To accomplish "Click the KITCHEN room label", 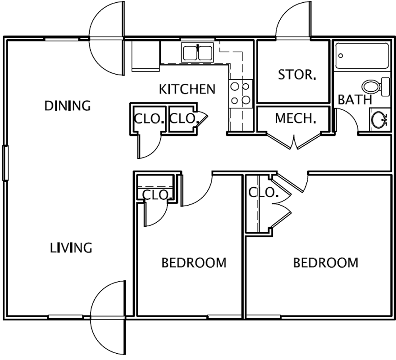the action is (187, 89).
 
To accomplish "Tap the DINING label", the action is (68, 106).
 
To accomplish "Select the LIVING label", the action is (71, 248).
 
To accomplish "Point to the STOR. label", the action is (297, 75).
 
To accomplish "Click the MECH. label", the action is (296, 118).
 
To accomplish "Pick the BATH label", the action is (355, 99).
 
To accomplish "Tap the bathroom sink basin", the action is (379, 120).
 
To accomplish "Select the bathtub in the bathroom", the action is (362, 56).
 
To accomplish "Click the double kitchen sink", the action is (197, 53).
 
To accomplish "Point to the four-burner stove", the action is (241, 94).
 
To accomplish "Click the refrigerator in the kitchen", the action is (146, 56).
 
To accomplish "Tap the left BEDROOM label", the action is (194, 263).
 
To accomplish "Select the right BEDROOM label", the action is (326, 263).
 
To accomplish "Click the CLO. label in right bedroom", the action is (263, 193).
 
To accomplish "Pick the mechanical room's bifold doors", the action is (294, 140).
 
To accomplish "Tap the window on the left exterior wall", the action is (5, 163).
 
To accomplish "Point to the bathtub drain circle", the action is (341, 56).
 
